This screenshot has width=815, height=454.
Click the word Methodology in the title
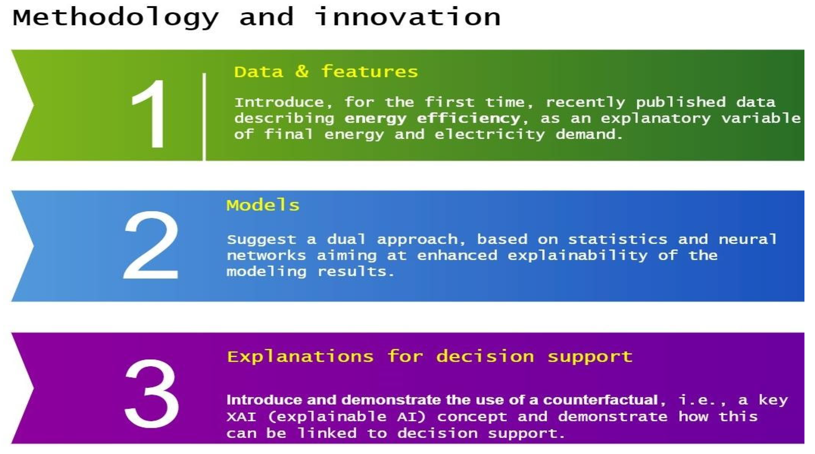(116, 18)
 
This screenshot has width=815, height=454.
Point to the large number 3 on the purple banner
(152, 393)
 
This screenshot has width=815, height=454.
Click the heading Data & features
(326, 72)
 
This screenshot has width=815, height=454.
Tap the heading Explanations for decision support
(429, 357)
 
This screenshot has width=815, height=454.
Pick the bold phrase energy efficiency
(432, 118)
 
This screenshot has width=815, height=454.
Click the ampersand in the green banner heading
(302, 72)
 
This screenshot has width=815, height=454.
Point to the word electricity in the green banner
(490, 134)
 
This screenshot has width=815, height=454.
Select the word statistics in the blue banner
(617, 239)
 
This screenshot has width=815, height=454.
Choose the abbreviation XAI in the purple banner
(241, 417)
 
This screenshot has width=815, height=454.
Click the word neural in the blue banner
(747, 239)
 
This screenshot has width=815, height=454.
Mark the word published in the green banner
(681, 102)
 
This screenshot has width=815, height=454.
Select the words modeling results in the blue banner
(310, 272)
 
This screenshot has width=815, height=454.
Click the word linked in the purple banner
(327, 433)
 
